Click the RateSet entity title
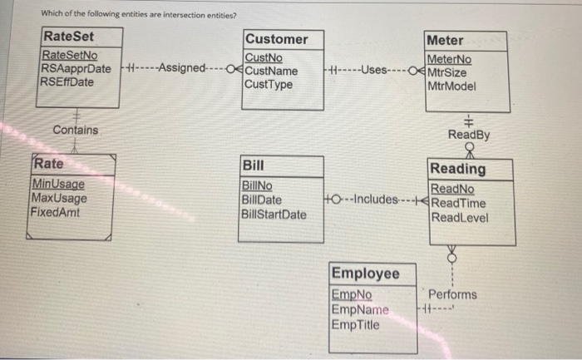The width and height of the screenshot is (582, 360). (69, 37)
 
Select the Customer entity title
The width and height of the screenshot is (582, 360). (276, 39)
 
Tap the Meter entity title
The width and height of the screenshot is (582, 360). (445, 40)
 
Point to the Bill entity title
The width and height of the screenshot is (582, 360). (253, 165)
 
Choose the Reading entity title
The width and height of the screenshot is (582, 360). (458, 169)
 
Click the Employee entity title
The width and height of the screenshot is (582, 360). (365, 274)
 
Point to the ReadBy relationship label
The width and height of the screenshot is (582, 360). (467, 135)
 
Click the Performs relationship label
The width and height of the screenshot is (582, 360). (452, 294)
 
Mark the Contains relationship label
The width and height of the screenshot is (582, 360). (75, 131)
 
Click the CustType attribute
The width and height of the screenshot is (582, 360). (269, 84)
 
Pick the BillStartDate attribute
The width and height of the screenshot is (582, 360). (274, 215)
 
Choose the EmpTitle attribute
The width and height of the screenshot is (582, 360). (356, 325)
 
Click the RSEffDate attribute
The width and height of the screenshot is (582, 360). (68, 81)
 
